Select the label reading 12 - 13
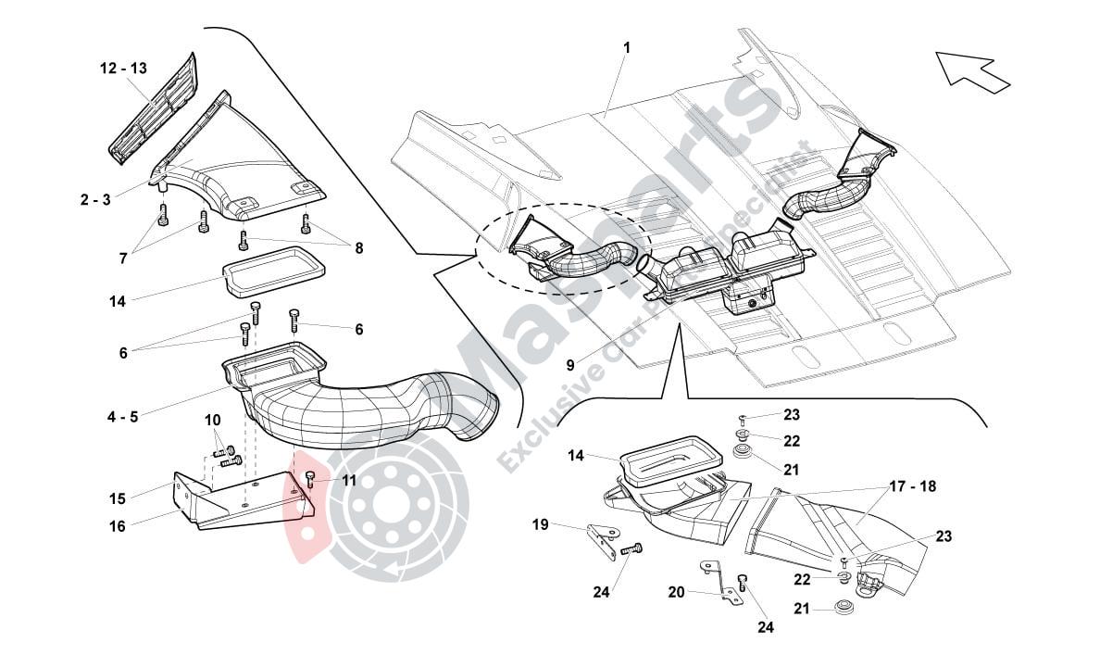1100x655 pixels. (x=123, y=69)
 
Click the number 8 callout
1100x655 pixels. (x=358, y=247)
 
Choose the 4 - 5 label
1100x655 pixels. (x=122, y=417)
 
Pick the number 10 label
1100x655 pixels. (x=212, y=421)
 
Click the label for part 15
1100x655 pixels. (x=117, y=498)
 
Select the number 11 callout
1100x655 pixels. (x=348, y=480)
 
